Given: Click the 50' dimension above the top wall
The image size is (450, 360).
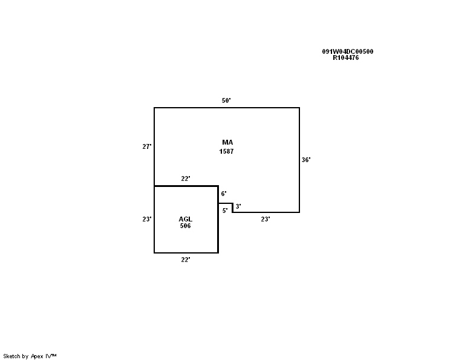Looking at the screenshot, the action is tap(226, 100).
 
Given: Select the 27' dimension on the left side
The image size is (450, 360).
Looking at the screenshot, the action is tap(146, 146).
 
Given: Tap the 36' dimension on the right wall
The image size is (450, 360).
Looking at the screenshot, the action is tap(306, 160).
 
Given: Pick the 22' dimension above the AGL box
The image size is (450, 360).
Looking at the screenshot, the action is tap(186, 178).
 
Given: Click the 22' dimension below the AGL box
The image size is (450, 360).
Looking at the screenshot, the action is tap(186, 260).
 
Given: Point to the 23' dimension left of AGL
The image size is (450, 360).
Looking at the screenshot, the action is tap(146, 219).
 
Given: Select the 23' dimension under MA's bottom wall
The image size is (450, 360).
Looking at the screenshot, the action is tap(266, 219).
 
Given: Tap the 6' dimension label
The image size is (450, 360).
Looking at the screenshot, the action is tap(224, 194).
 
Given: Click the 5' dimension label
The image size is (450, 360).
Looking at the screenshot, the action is tap(225, 211).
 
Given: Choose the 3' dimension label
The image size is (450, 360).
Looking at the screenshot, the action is tap(238, 206).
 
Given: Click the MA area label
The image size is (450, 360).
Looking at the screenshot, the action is tap(227, 142).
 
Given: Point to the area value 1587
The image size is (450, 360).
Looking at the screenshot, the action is tap(226, 151).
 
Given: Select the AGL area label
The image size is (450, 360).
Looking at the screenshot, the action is tap(186, 219).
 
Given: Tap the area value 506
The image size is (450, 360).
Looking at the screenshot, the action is tap(186, 226).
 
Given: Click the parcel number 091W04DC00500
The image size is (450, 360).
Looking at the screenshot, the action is tap(348, 51).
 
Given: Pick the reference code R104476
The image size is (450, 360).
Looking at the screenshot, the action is tap(345, 57).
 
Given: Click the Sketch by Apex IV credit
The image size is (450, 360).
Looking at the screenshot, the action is tap(30, 356).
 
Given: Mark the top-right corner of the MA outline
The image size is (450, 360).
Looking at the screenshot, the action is tap(299, 108).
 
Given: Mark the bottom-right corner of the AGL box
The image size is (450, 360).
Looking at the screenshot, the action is tap(218, 253).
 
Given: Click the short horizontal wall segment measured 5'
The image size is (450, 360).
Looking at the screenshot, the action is tap(225, 203).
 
